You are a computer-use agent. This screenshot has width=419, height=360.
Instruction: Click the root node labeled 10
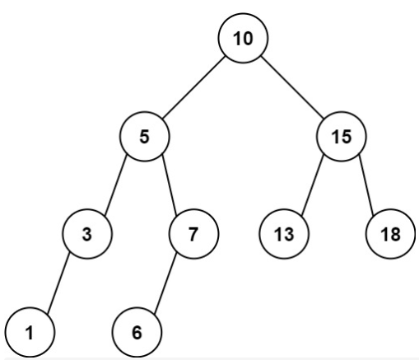(243, 38)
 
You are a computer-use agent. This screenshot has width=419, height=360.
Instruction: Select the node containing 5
(145, 136)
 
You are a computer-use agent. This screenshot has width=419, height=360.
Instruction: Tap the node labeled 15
(342, 136)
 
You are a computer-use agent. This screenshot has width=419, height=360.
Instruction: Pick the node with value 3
(87, 234)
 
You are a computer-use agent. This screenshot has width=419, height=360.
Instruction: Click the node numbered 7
(193, 234)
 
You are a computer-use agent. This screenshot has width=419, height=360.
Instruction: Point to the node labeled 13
(284, 234)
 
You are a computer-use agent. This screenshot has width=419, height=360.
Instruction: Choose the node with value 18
(390, 234)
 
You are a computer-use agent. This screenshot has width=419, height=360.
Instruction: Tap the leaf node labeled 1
(30, 332)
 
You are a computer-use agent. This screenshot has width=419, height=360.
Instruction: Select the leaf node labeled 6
(137, 332)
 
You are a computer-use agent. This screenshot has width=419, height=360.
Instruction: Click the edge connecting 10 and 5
(193, 87)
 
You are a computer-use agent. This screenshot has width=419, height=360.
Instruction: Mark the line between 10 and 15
(292, 87)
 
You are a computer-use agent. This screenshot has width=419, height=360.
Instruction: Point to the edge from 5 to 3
(116, 185)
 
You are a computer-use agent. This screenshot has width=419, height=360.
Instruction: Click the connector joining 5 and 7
(170, 185)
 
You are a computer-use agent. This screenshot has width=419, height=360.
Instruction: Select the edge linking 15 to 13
(313, 185)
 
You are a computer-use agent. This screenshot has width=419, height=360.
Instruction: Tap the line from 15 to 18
(366, 185)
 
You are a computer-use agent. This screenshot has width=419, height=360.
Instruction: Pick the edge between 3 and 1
(58, 283)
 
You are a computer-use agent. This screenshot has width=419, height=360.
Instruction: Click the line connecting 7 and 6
(165, 283)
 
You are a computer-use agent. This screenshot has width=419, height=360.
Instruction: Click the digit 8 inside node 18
(395, 235)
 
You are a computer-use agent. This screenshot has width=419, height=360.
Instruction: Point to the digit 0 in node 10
(248, 39)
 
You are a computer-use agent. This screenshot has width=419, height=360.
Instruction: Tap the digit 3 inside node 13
(289, 235)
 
